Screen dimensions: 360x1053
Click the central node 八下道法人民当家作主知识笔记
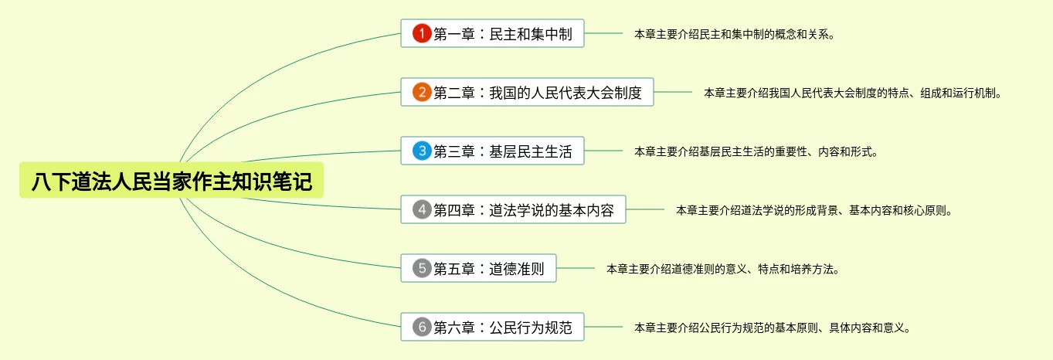[x=172, y=182]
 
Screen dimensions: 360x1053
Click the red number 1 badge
[x=421, y=33]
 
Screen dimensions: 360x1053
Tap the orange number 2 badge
[x=421, y=93]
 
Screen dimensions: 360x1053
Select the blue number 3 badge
[x=421, y=151]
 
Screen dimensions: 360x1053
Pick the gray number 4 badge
[x=421, y=209]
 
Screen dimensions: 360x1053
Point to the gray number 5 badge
[x=421, y=268]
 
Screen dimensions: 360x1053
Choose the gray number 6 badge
[x=421, y=327]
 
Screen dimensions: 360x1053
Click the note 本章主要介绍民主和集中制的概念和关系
[x=734, y=34]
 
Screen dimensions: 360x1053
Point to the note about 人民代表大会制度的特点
[x=852, y=93]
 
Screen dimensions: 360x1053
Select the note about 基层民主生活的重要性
[x=756, y=151]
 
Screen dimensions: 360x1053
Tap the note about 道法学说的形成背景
[x=814, y=210]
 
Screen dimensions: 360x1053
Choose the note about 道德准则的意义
[x=722, y=269]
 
